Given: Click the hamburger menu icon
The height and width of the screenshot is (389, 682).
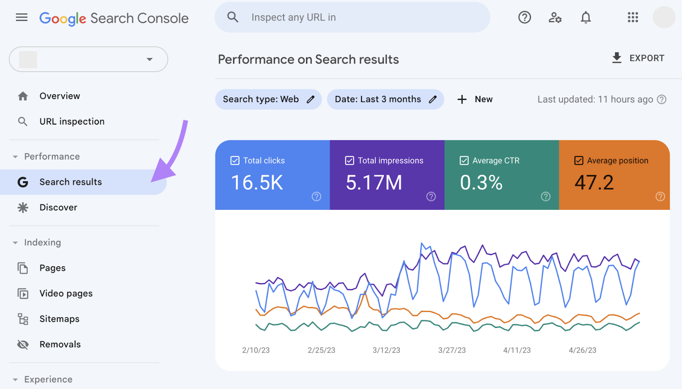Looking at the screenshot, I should pyautogui.click(x=21, y=17).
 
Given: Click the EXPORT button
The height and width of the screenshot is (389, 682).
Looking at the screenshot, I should pyautogui.click(x=638, y=58).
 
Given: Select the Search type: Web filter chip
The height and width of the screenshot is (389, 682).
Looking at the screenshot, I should pyautogui.click(x=268, y=99).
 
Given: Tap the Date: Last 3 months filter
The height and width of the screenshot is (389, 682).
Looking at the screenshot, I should pyautogui.click(x=385, y=99).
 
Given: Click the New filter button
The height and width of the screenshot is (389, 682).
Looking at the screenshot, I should pyautogui.click(x=475, y=99).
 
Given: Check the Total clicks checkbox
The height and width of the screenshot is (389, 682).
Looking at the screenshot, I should pyautogui.click(x=235, y=161).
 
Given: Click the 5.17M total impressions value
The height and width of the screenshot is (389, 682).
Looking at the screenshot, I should pyautogui.click(x=374, y=183).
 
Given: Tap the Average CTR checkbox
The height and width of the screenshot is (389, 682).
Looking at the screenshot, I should pyautogui.click(x=464, y=161).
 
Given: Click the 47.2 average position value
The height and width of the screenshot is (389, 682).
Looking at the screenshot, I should pyautogui.click(x=594, y=183).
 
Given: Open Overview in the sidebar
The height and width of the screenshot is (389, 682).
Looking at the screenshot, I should pyautogui.click(x=60, y=96).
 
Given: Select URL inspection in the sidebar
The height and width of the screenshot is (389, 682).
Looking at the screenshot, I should pyautogui.click(x=72, y=122).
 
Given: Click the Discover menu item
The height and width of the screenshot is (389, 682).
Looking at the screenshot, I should pyautogui.click(x=58, y=208).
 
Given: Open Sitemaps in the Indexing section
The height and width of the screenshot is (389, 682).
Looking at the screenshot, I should pyautogui.click(x=59, y=319).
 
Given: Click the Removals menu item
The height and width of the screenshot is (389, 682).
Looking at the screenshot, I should pyautogui.click(x=60, y=345).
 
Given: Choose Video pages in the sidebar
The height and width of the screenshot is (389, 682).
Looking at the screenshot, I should pyautogui.click(x=66, y=293).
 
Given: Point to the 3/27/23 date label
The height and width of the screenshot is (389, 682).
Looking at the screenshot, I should pyautogui.click(x=452, y=350).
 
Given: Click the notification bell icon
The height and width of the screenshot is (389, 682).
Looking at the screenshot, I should pyautogui.click(x=586, y=17).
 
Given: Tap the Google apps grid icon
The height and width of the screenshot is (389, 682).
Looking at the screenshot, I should pyautogui.click(x=633, y=17).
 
